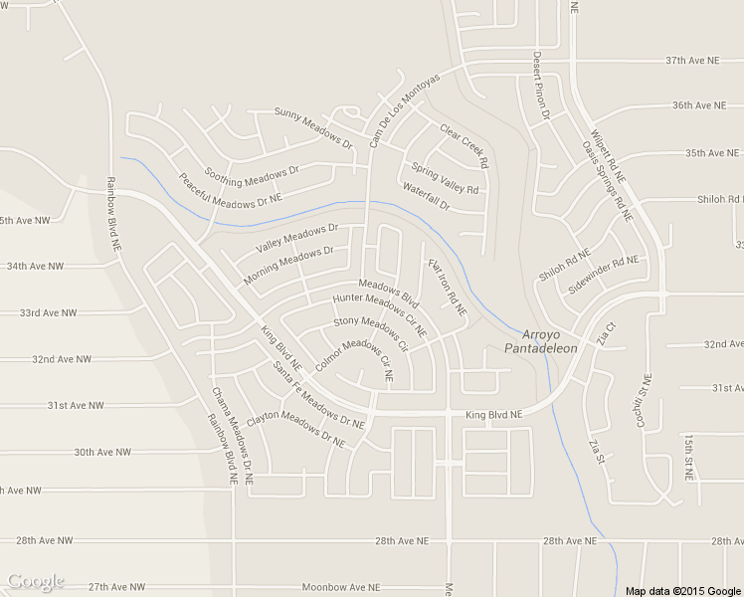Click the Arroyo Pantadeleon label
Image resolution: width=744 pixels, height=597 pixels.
pyautogui.click(x=540, y=341)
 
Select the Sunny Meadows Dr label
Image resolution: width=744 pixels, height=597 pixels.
pyautogui.click(x=313, y=126)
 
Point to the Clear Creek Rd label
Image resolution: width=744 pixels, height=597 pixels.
pyautogui.click(x=465, y=145)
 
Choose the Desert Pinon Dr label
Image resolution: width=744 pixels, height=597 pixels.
pyautogui.click(x=541, y=86)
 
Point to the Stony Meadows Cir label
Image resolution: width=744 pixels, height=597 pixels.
pyautogui.click(x=371, y=333)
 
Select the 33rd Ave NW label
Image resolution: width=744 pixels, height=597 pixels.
pyautogui.click(x=48, y=312)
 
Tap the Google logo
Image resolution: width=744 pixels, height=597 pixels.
pyautogui.click(x=35, y=581)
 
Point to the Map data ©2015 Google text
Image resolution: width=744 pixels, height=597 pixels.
pyautogui.click(x=683, y=590)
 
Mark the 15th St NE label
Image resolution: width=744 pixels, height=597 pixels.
pyautogui.click(x=687, y=458)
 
